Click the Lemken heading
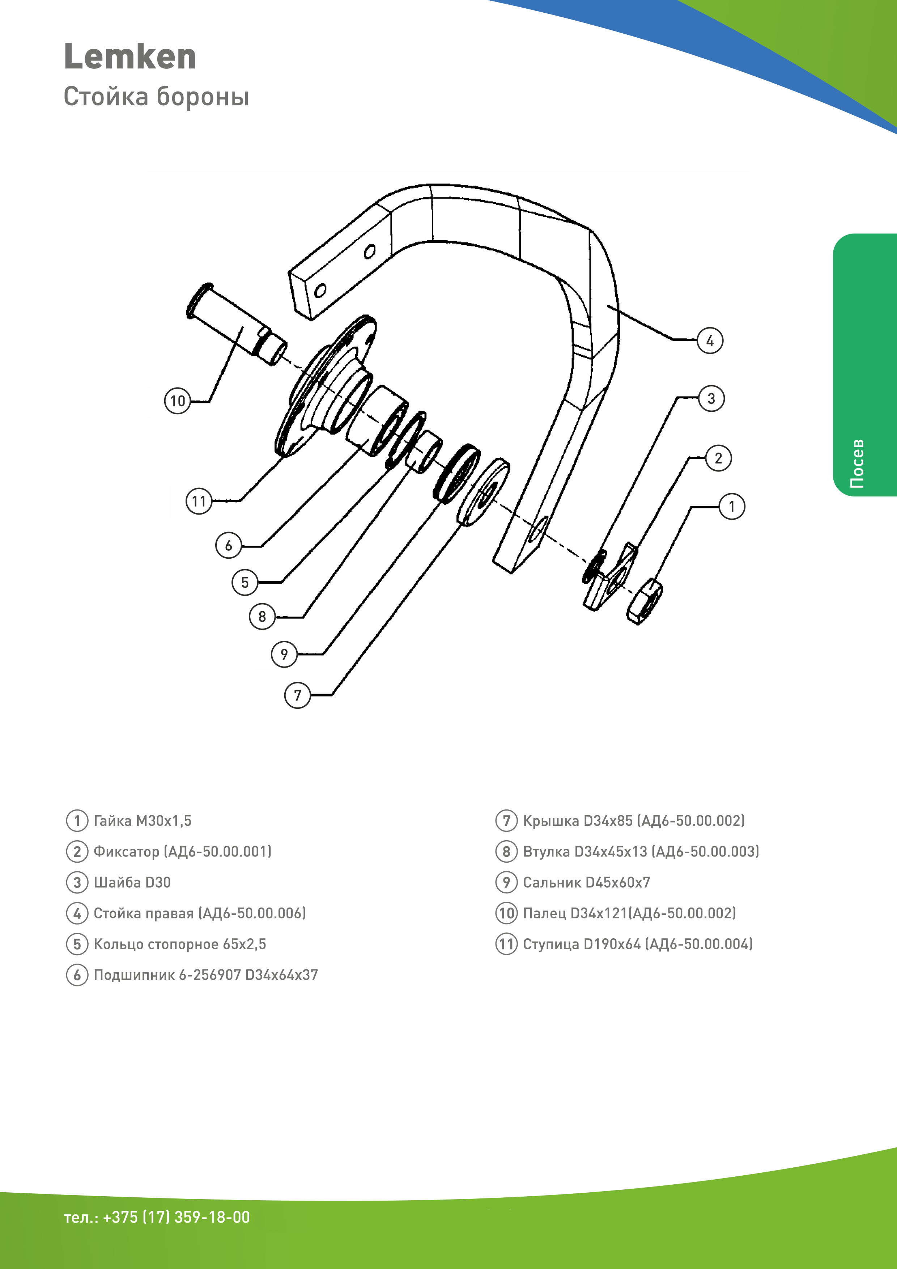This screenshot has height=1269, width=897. (130, 57)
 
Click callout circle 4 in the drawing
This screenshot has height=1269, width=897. (709, 340)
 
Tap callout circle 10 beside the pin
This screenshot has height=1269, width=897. (177, 401)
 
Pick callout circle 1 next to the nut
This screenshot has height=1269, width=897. (731, 506)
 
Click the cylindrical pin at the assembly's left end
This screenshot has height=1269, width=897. (237, 324)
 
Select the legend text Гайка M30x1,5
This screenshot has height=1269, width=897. (143, 820)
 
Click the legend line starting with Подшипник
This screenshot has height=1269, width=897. (205, 974)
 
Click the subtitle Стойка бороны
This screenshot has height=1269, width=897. (156, 96)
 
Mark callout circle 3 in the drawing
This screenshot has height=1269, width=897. (711, 398)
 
